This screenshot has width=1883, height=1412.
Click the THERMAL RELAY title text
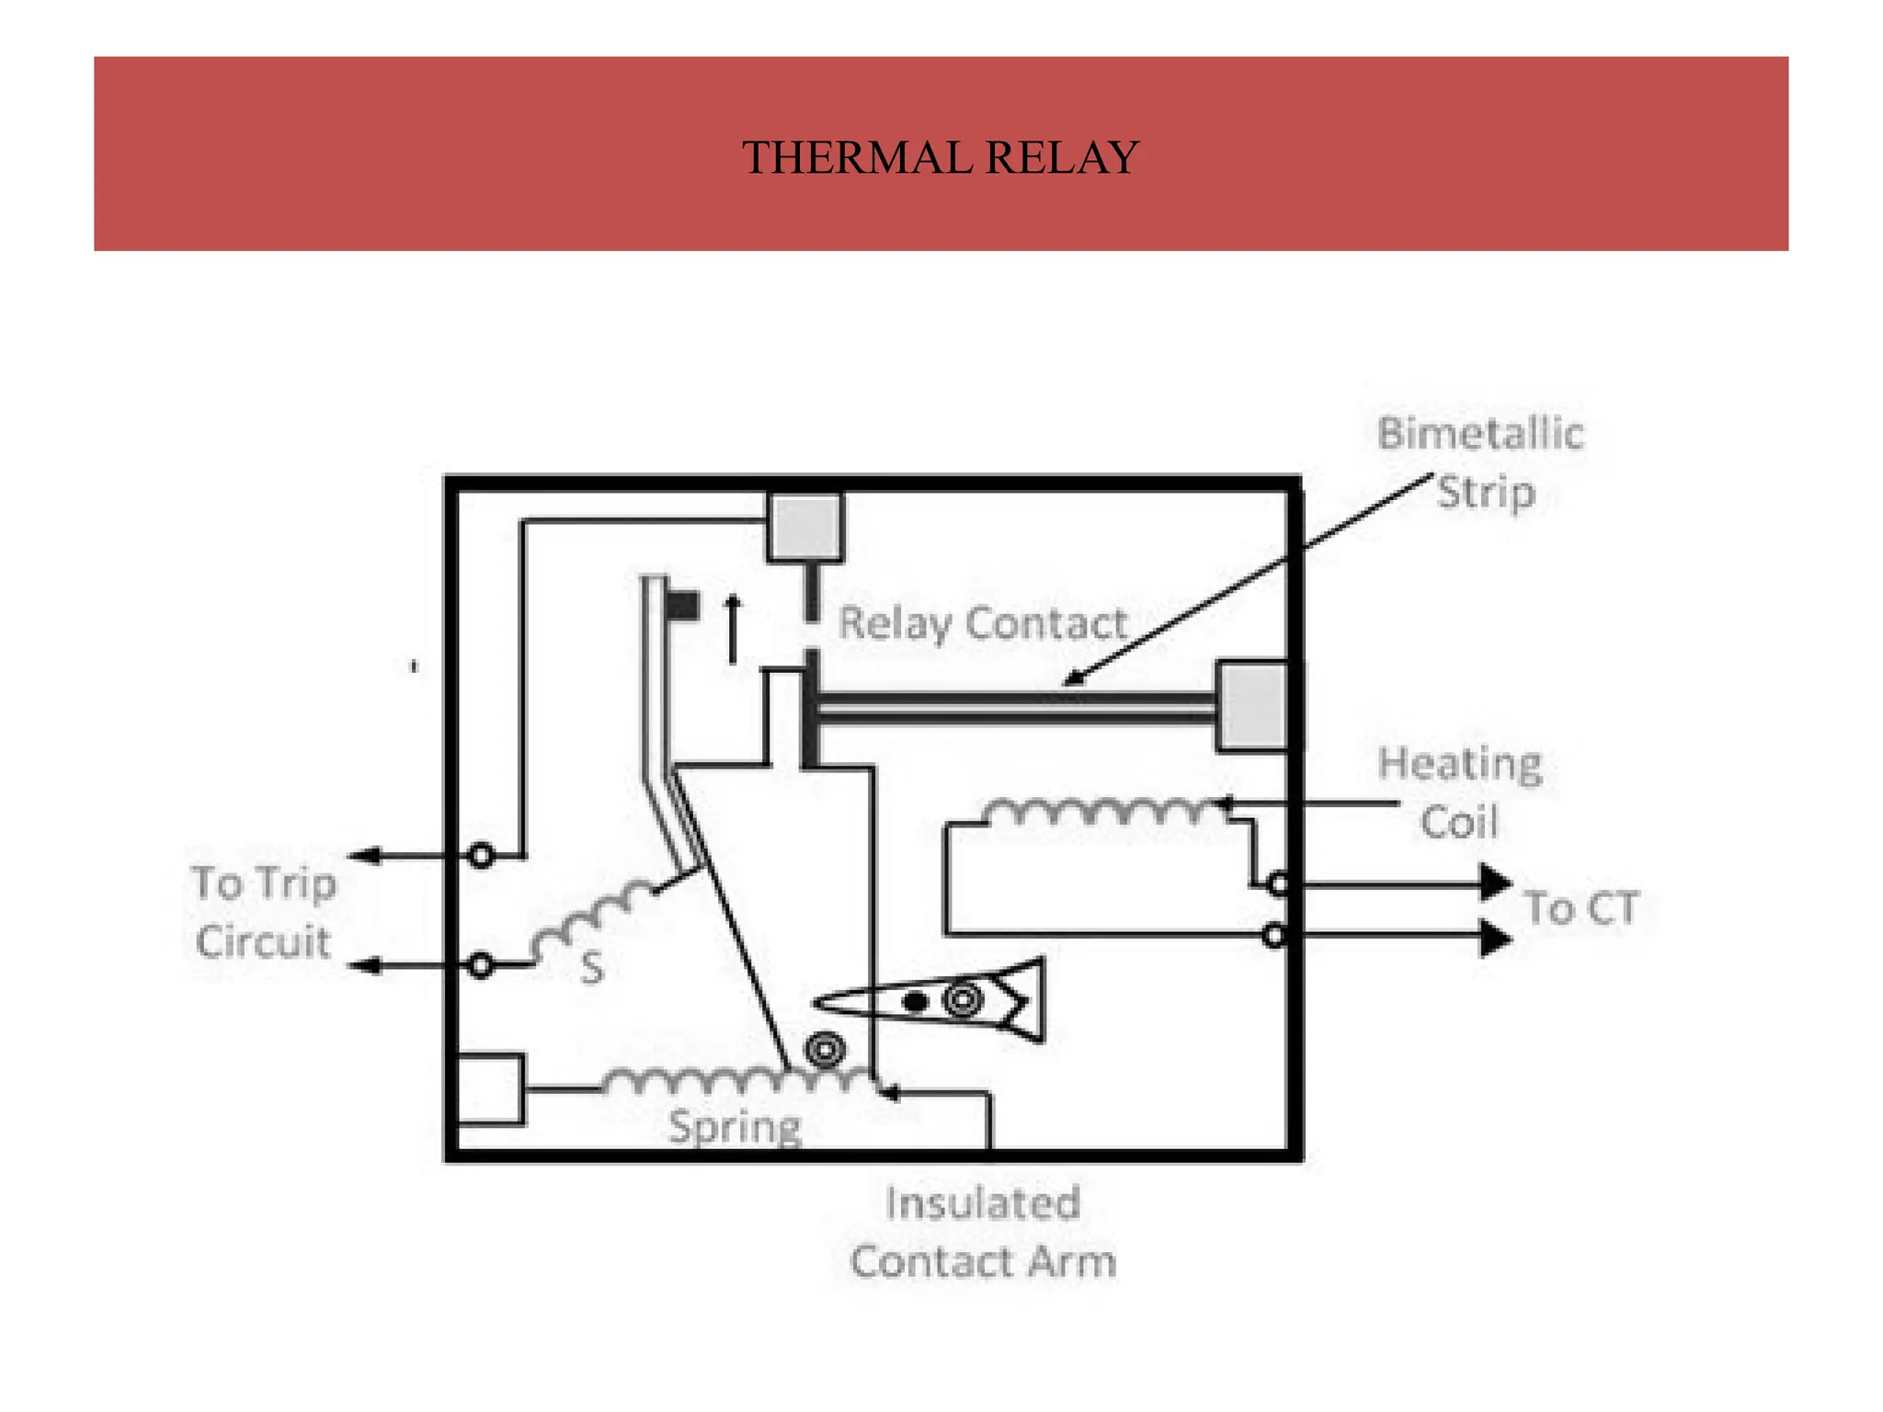point(940,157)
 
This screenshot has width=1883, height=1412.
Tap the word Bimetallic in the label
point(1480,434)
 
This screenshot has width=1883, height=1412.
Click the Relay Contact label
point(982,623)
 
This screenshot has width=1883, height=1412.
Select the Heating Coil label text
point(1459,792)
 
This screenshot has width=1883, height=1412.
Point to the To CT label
point(1581,908)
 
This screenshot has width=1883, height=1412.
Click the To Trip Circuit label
point(263,912)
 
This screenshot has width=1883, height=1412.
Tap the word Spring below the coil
point(735,1126)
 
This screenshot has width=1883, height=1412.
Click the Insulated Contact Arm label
point(982,1232)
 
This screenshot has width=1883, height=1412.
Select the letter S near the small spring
point(592,968)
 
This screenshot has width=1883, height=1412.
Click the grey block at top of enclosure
point(805,527)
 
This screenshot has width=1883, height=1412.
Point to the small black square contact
point(682,606)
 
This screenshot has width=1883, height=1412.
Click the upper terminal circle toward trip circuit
point(481,856)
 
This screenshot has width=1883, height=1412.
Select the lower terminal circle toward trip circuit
point(481,965)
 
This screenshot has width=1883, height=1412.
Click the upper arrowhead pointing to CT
point(1495,882)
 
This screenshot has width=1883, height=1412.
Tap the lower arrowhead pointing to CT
point(1495,939)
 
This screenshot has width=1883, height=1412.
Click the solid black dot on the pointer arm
point(915,1001)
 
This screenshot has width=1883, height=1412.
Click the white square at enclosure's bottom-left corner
point(490,1089)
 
